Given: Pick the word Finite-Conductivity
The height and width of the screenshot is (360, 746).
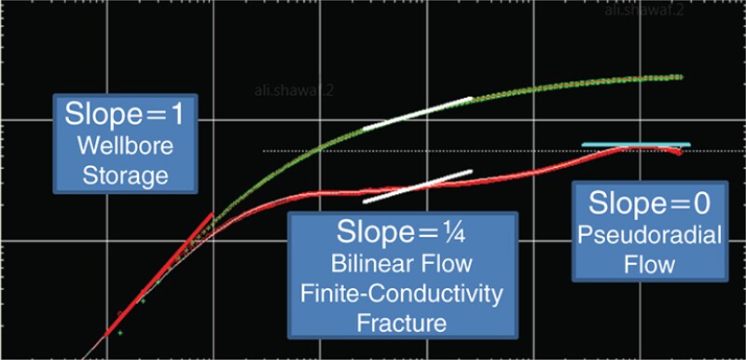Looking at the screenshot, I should click(401, 294).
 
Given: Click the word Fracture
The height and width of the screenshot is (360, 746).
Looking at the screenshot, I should click(401, 324).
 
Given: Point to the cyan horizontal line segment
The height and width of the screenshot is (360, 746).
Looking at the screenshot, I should click(636, 145).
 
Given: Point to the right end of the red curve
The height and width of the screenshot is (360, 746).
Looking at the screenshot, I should click(679, 151).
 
